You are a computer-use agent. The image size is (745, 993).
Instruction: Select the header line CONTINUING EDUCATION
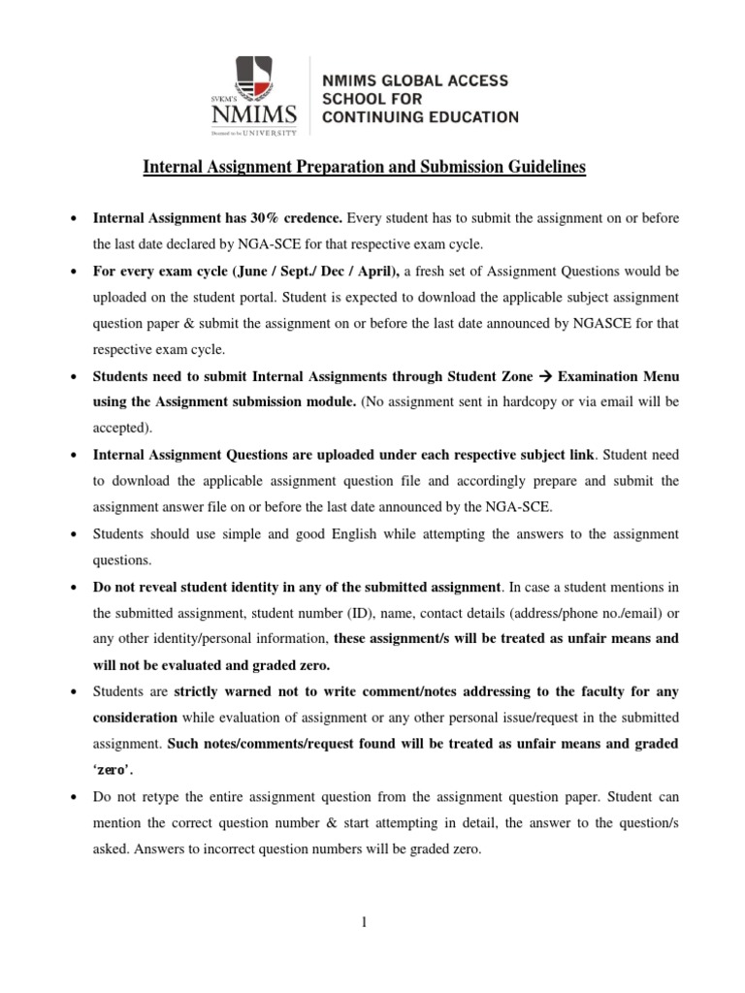(x=419, y=117)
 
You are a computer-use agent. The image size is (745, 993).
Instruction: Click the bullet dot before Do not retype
(x=75, y=796)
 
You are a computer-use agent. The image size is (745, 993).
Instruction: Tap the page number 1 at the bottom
(x=364, y=922)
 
